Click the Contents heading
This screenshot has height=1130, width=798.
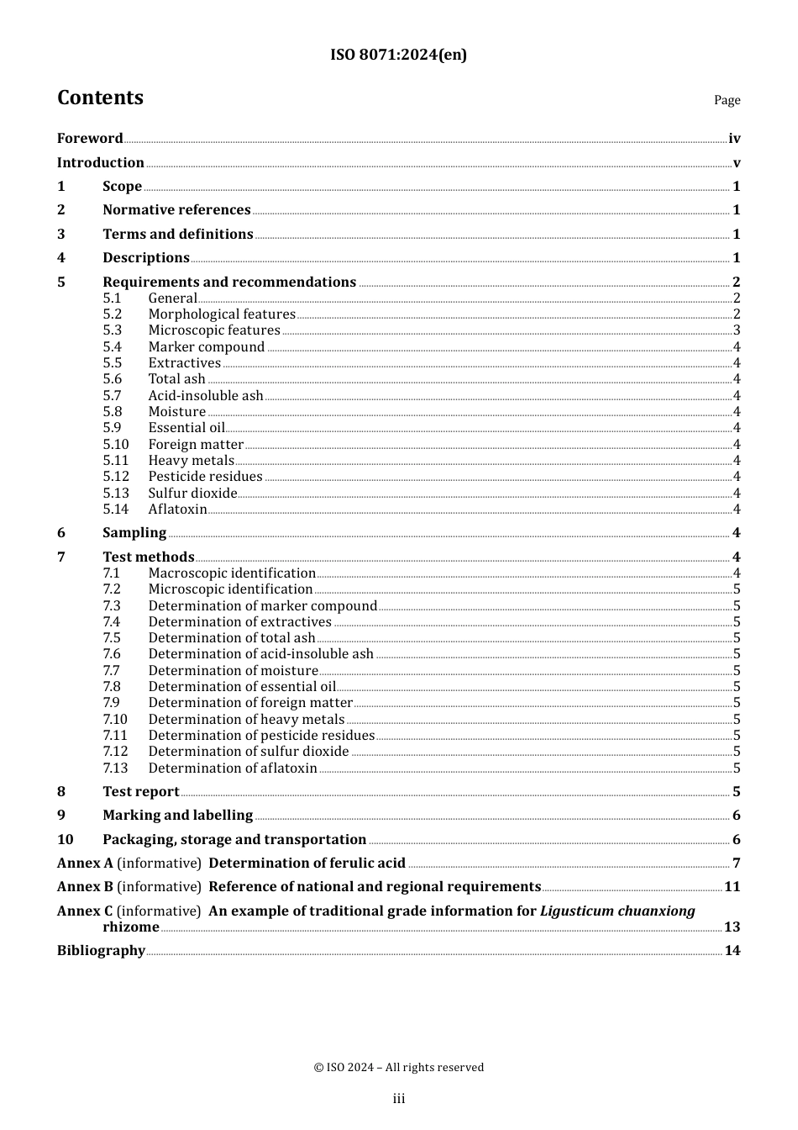100,98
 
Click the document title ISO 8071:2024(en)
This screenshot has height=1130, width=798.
398,55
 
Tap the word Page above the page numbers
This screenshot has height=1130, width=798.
727,100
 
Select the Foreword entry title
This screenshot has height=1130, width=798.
90,139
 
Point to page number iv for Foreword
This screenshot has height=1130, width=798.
734,139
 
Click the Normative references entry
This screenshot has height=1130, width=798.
176,210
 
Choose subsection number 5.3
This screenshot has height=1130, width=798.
113,330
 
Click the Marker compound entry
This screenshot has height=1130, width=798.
206,347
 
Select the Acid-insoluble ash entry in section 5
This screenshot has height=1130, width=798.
205,396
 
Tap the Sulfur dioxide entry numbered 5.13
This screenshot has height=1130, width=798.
192,494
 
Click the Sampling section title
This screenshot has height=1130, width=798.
134,533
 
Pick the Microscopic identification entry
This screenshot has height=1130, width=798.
230,589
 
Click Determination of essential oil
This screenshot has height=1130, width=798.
241,687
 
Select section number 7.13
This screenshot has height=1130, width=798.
116,768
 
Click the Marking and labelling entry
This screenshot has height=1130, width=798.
177,816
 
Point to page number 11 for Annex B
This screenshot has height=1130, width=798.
732,887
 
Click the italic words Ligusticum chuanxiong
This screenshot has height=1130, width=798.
617,911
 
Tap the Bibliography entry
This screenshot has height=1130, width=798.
101,951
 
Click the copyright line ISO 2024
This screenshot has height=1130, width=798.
398,1068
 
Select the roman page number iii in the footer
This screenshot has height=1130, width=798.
398,1099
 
